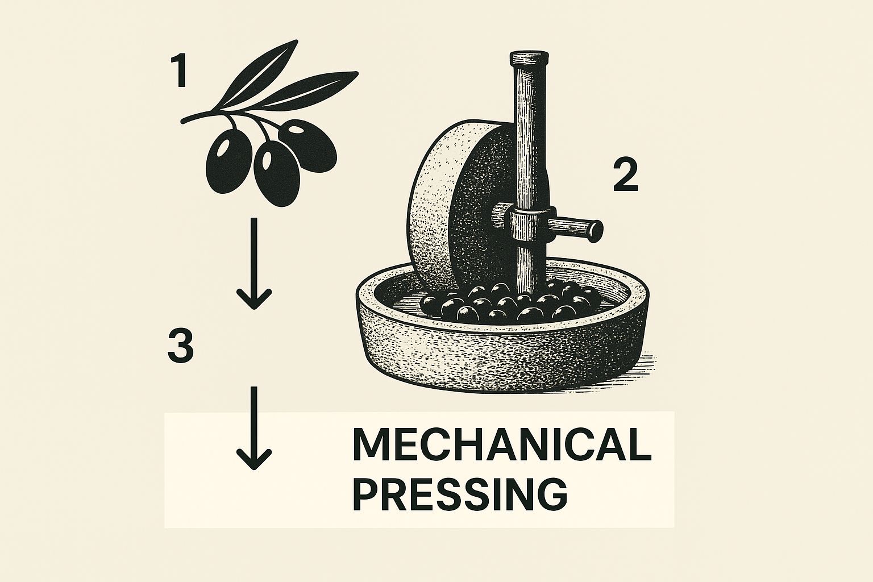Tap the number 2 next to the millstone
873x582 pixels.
pyautogui.click(x=626, y=176)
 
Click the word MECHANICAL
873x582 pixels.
pyautogui.click(x=502, y=444)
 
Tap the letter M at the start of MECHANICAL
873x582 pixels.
pyautogui.click(x=370, y=444)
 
